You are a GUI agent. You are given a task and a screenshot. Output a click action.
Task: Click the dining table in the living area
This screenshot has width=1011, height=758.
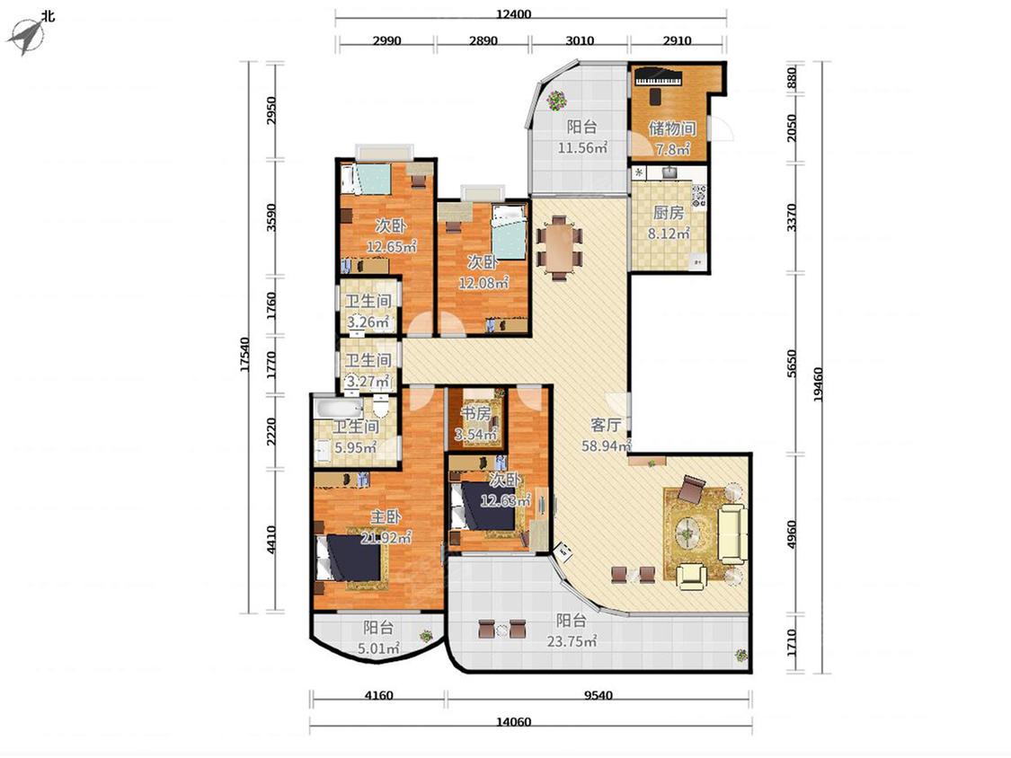pos(559,247)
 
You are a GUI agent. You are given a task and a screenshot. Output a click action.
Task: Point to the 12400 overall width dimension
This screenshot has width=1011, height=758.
pos(514,13)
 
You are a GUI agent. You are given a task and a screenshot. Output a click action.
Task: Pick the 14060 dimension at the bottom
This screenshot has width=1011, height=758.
pos(514,721)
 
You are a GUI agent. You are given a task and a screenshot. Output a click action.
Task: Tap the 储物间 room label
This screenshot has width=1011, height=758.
pos(672,128)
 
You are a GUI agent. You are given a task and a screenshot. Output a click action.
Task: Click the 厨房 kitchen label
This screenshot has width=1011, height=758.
pos(668,212)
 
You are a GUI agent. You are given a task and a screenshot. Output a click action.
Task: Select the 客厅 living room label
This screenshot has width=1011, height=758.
pos(606,425)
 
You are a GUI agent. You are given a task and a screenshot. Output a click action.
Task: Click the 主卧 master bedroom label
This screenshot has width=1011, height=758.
pos(386,516)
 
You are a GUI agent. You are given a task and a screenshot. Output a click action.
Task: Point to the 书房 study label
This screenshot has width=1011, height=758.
pos(475,413)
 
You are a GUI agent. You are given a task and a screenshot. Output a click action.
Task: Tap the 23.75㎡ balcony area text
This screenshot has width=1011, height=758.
pos(572,640)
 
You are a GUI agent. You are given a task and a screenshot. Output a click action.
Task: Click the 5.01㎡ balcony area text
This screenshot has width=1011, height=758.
pos(379,648)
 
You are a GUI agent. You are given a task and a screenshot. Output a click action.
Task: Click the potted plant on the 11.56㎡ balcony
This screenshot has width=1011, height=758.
pos(555,100)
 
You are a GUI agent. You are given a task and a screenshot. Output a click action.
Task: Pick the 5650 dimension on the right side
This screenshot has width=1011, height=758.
pos(792,364)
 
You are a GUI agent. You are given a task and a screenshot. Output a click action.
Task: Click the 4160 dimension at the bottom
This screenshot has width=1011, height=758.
pos(378,695)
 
